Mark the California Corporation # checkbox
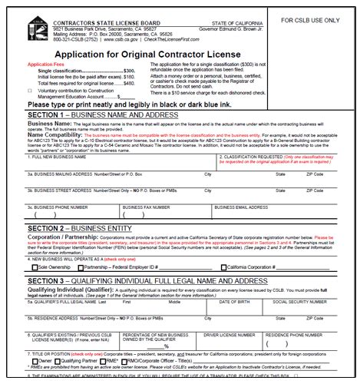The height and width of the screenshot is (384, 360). pyautogui.click(x=223, y=267)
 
